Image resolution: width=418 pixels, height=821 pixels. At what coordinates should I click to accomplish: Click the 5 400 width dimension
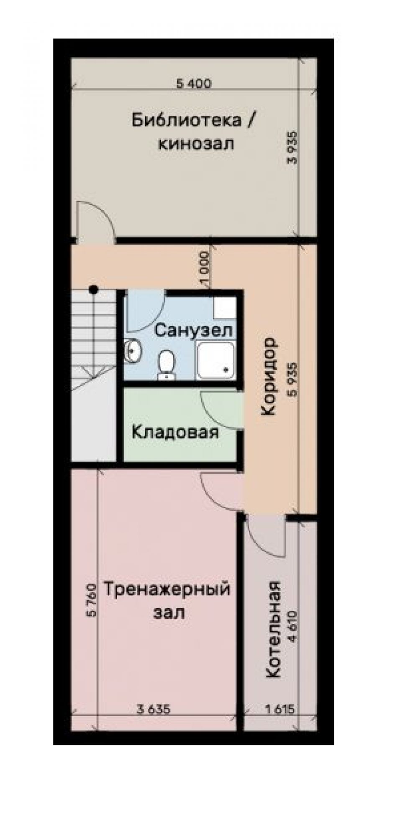click(194, 83)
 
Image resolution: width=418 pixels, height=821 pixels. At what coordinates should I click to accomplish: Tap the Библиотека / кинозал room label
click(193, 132)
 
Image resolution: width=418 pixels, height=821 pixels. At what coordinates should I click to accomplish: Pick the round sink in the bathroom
click(133, 350)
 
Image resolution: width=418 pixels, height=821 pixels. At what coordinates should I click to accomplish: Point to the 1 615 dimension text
click(280, 709)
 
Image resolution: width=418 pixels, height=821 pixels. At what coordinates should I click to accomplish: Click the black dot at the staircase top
click(94, 289)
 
